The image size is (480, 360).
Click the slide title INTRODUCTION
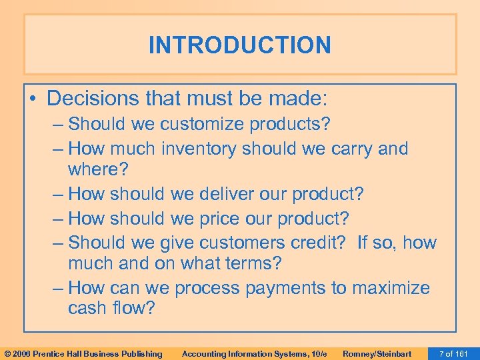(239, 45)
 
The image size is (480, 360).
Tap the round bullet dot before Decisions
(33, 99)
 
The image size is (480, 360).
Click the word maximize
(391, 288)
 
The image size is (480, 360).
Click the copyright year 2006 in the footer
(25, 353)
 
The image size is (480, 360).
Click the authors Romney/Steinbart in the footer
(377, 353)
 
